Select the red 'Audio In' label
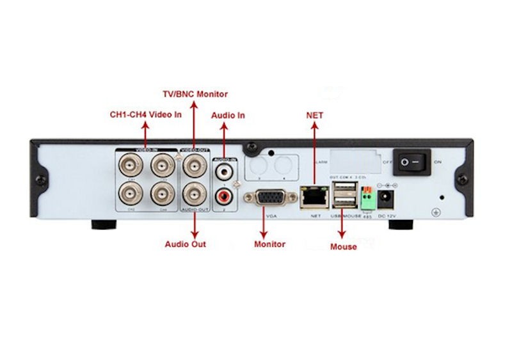click(228, 116)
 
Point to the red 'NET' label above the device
click(315, 116)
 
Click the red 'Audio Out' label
click(186, 244)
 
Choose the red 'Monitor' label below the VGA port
click(269, 244)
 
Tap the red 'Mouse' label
click(344, 247)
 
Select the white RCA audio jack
click(224, 171)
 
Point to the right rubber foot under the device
click(401, 224)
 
